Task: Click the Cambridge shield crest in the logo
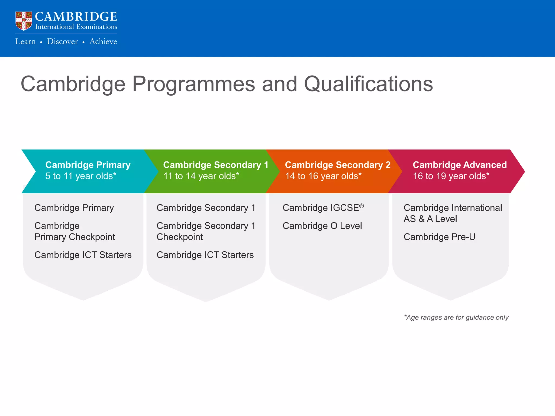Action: [x=24, y=21]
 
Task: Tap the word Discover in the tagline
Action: [x=62, y=41]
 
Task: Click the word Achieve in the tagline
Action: [x=103, y=41]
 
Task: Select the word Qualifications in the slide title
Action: [x=368, y=84]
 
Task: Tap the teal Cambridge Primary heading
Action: [x=88, y=165]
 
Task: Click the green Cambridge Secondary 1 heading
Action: [x=215, y=165]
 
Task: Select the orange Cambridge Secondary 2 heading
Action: [x=338, y=165]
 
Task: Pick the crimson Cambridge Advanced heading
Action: [x=460, y=165]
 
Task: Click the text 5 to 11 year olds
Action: [x=81, y=176]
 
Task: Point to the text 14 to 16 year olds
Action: [x=323, y=176]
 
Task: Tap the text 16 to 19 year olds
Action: [x=451, y=176]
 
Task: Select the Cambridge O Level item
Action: [x=322, y=226]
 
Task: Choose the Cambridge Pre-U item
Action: [x=439, y=237]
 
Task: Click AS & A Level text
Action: [x=430, y=219]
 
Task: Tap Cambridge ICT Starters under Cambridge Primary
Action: [x=83, y=255]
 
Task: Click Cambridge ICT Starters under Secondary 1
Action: [x=205, y=255]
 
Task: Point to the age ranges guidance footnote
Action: [x=456, y=317]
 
